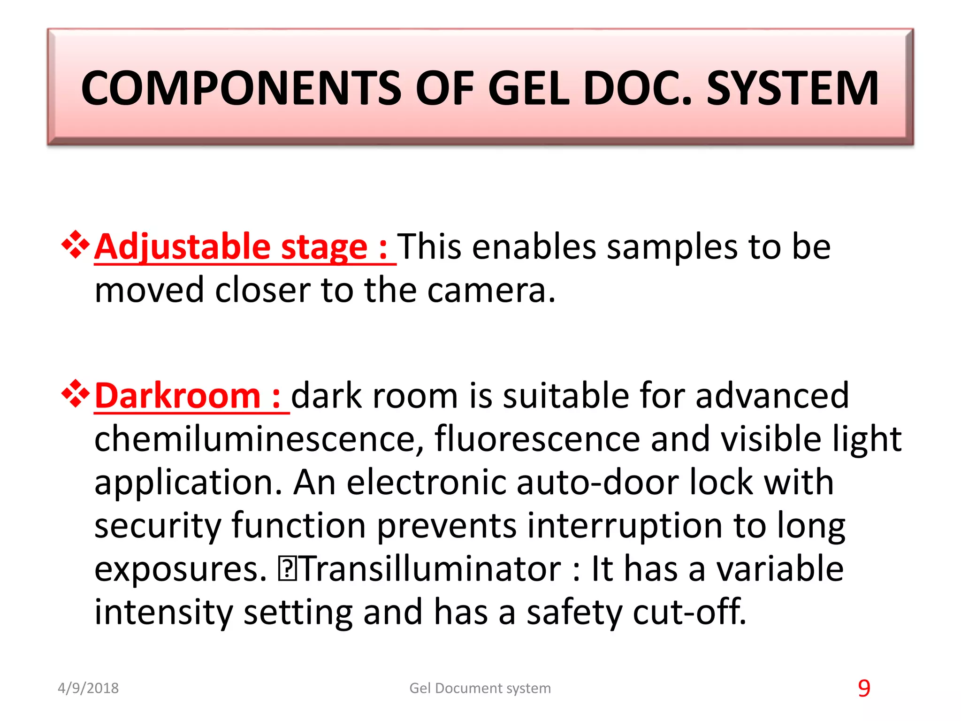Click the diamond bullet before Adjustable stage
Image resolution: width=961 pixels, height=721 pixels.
(x=75, y=245)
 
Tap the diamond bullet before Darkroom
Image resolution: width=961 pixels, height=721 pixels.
(x=75, y=393)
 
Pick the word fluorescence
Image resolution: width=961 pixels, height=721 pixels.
(x=537, y=439)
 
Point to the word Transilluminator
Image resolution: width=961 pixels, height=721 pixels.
(x=430, y=569)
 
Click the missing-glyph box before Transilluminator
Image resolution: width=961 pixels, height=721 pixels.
(x=286, y=569)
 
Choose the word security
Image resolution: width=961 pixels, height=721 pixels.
(x=158, y=526)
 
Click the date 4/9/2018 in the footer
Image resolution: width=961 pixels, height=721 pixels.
(x=88, y=688)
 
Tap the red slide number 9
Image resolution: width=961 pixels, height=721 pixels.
(x=864, y=688)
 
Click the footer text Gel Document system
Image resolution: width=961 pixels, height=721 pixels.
(x=480, y=688)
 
